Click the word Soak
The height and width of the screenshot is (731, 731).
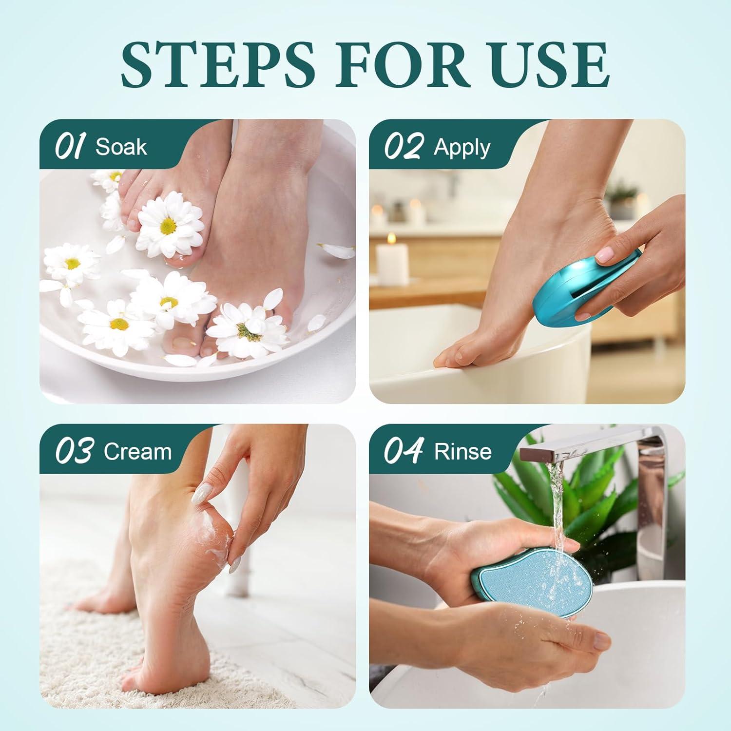pyautogui.click(x=121, y=147)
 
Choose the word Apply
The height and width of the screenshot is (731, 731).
pyautogui.click(x=462, y=148)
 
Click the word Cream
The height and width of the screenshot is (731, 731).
pyautogui.click(x=138, y=452)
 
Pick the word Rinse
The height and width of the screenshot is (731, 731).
pyautogui.click(x=463, y=452)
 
